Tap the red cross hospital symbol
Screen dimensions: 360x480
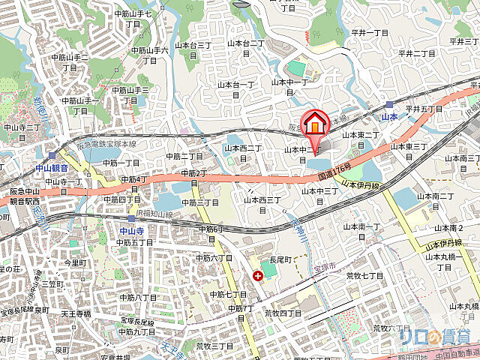[258, 276]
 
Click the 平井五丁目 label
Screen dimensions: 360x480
[423, 109]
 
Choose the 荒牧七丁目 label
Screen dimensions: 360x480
[364, 276]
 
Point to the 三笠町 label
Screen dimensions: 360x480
[52, 285]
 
